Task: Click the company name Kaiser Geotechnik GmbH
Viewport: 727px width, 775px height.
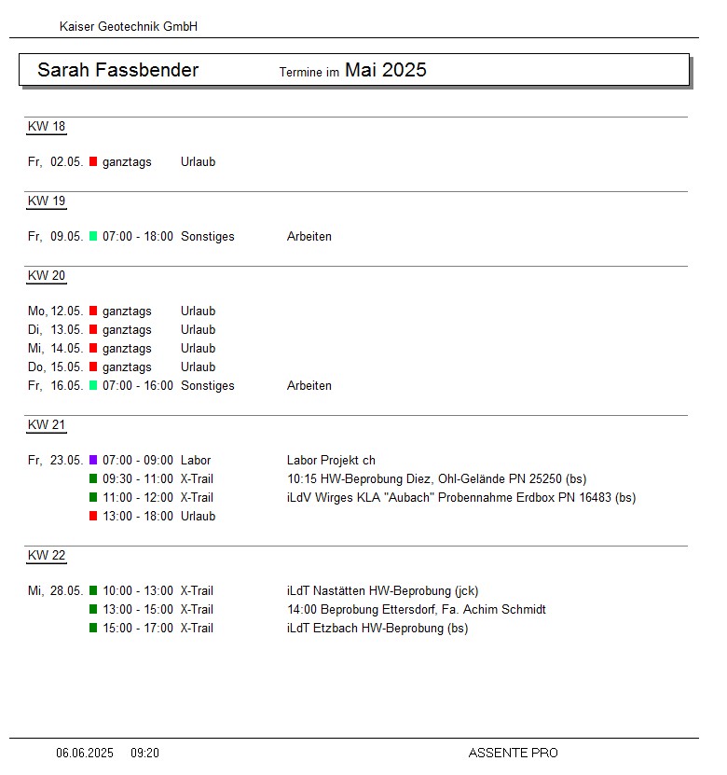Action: coord(129,27)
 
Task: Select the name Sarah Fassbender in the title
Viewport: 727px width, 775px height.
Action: coord(117,70)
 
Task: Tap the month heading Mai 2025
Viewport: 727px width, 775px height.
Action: coord(385,70)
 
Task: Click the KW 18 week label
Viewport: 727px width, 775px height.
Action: coord(47,127)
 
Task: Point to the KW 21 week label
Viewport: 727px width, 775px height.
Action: coord(47,425)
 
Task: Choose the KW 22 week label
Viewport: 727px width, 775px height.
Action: coord(47,556)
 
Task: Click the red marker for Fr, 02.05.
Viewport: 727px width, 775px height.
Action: coord(93,161)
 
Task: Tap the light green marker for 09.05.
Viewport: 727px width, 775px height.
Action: coord(93,236)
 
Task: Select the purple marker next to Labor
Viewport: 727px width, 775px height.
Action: coord(93,460)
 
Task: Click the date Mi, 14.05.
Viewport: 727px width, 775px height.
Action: coord(56,348)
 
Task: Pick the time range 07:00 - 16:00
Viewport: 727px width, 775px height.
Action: coord(138,385)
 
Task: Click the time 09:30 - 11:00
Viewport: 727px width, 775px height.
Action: coord(138,478)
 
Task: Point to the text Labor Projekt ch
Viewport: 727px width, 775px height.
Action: coord(331,460)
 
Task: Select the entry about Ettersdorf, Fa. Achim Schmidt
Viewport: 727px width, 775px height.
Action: coord(416,609)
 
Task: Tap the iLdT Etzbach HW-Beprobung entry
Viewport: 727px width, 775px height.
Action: coord(377,628)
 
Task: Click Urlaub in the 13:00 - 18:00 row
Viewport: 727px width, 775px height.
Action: coord(198,516)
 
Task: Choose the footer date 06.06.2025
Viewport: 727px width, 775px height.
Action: coord(85,753)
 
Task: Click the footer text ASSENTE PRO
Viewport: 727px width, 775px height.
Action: coord(513,753)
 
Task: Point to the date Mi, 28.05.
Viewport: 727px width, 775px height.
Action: coord(56,590)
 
